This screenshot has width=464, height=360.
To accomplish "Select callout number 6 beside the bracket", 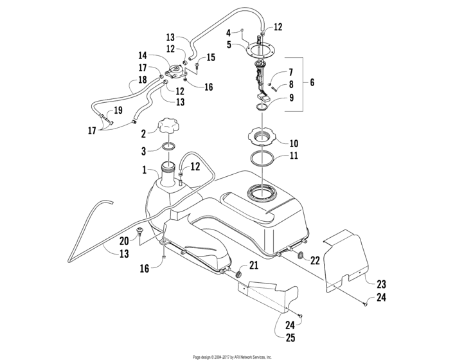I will pyautogui.click(x=312, y=83).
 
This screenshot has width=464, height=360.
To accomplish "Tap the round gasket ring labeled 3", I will pyautogui.click(x=168, y=148).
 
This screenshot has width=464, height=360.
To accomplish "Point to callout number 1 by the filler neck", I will pyautogui.click(x=145, y=171).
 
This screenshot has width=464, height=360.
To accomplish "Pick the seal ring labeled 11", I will pyautogui.click(x=263, y=158).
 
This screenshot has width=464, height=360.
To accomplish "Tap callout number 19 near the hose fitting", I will pyautogui.click(x=118, y=109).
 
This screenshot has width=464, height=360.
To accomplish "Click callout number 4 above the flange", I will pyautogui.click(x=228, y=32).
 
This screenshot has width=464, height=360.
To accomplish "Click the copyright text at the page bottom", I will pyautogui.click(x=232, y=356).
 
